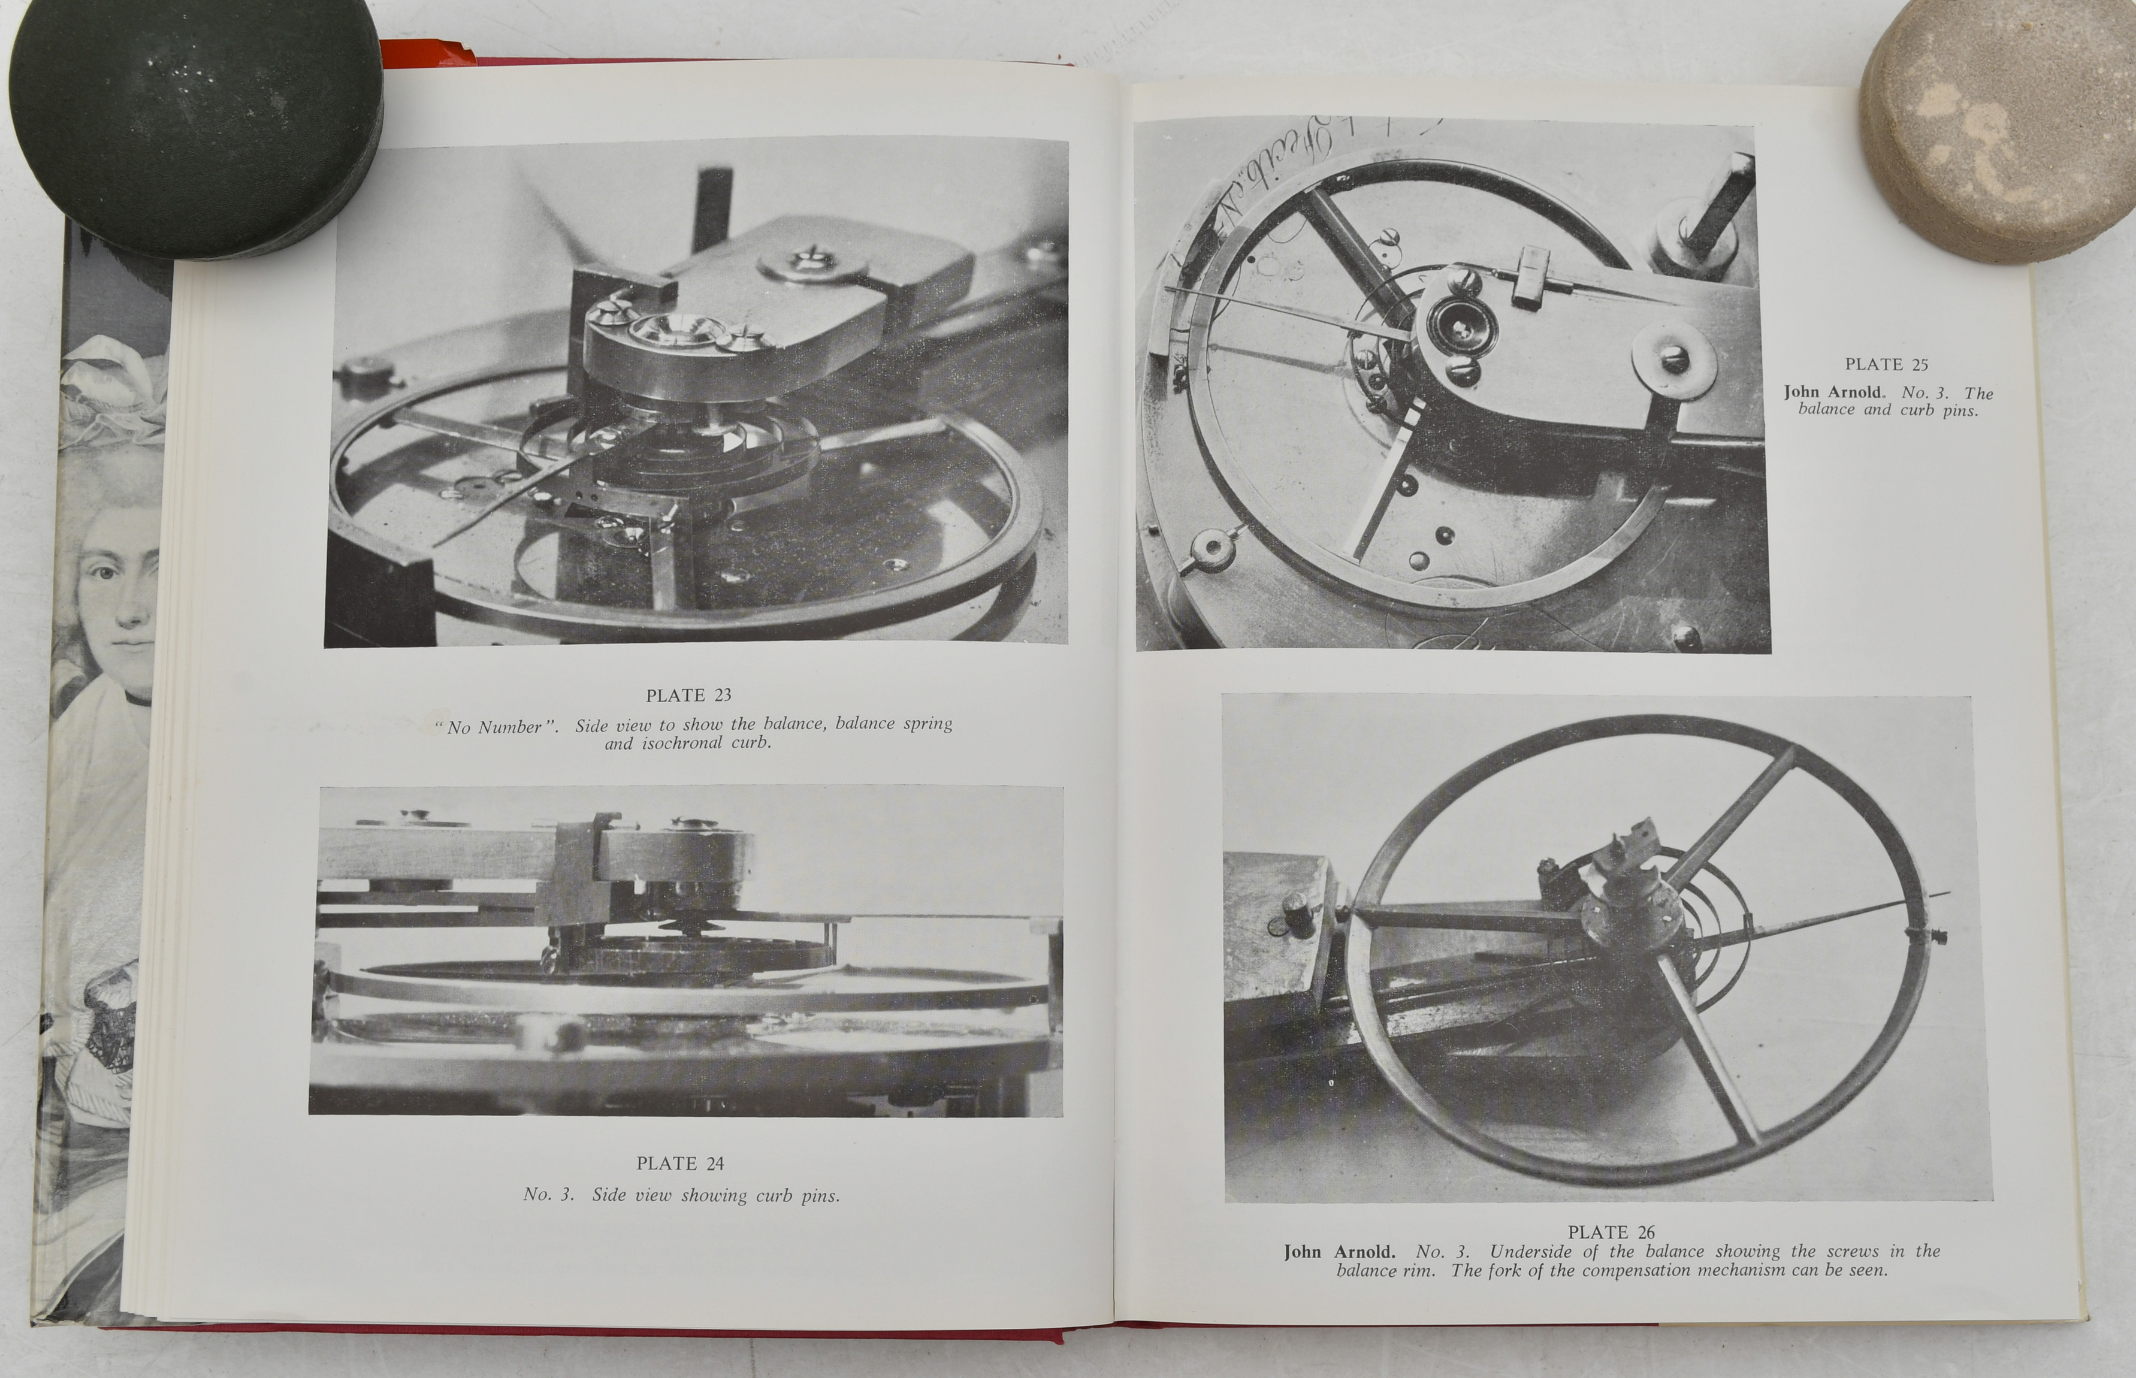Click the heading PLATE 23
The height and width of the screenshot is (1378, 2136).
click(x=688, y=695)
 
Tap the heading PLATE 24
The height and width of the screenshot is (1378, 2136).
click(x=680, y=1164)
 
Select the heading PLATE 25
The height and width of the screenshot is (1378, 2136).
click(x=1886, y=364)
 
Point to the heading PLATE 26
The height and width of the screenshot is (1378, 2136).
click(x=1612, y=1232)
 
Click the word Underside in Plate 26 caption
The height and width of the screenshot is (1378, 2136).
click(x=1529, y=1252)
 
